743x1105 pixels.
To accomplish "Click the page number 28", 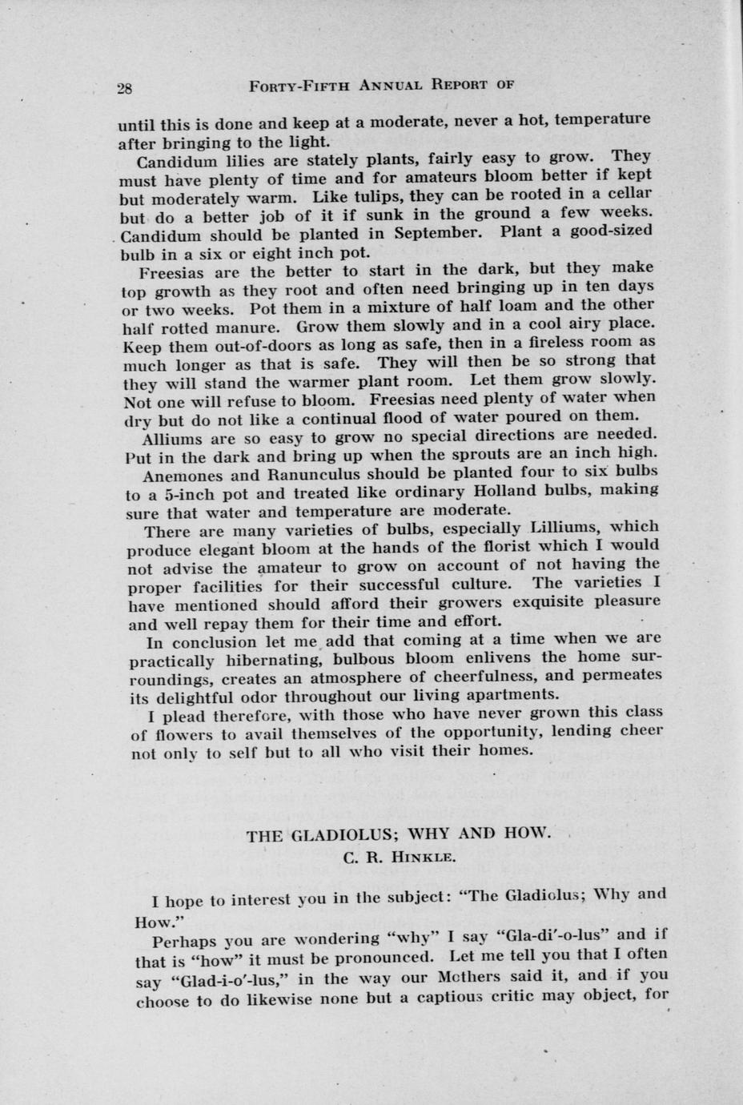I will [x=125, y=88].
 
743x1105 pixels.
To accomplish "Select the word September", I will [x=437, y=233].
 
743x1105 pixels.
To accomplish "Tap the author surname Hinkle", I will [x=424, y=857].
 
